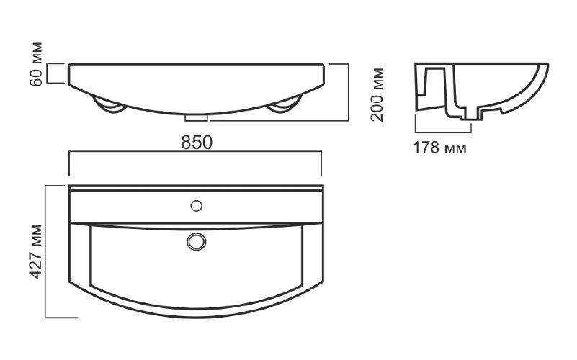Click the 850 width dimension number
[x=197, y=143]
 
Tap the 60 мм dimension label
[x=36, y=65]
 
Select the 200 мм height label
[x=377, y=94]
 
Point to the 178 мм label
[x=439, y=148]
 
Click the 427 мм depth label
[x=36, y=251]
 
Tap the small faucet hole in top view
[x=197, y=206]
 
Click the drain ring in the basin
[x=196, y=242]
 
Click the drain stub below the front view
[x=196, y=117]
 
